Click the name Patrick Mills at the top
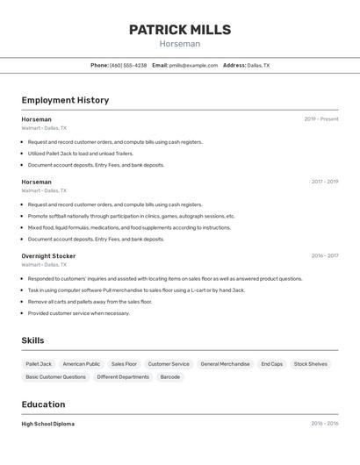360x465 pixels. coord(180,30)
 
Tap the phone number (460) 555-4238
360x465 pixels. coord(128,65)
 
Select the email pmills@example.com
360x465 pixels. coord(193,65)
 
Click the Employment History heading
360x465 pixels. coord(65,100)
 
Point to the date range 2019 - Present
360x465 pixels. coord(321,119)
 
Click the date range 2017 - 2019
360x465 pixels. coord(324,182)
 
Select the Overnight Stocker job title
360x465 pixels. coord(48,256)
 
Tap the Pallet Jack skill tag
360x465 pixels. coord(39,363)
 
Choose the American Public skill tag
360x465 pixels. coord(82,363)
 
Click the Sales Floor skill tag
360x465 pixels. coord(124,363)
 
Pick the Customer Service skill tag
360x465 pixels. coord(169,363)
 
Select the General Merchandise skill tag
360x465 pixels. coord(225,363)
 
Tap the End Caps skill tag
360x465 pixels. coord(272,363)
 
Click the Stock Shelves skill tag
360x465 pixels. coord(311,363)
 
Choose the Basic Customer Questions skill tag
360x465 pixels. coord(56,376)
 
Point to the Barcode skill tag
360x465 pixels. coord(170,376)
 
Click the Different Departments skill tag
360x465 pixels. coord(123,376)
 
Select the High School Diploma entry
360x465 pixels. coord(48,424)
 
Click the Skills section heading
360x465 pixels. coord(32,340)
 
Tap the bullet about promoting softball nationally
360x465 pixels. coord(132,216)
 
